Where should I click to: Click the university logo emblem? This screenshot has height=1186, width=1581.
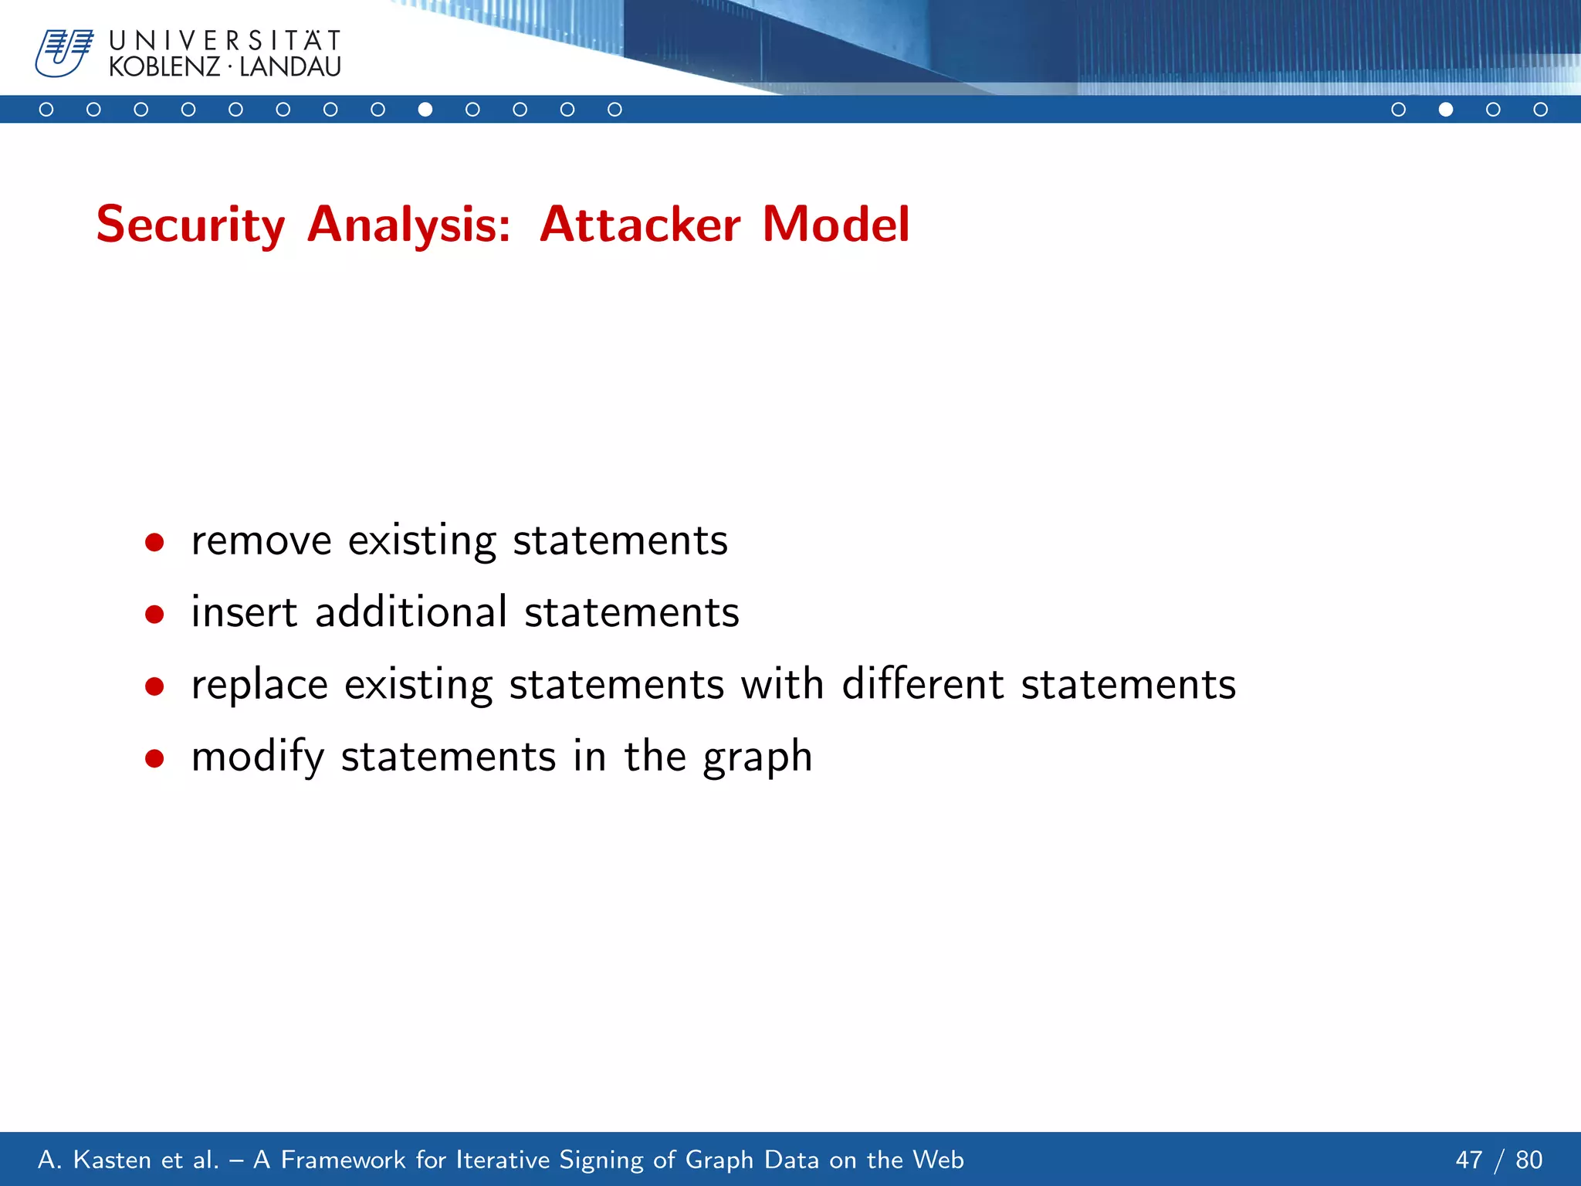point(63,53)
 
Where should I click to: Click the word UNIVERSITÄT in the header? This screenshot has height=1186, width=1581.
point(225,40)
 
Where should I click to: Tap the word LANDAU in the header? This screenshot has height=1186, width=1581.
point(290,67)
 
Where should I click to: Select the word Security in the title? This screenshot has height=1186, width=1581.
point(191,225)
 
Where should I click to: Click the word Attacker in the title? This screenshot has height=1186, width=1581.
point(640,225)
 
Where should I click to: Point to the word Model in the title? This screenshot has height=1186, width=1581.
point(836,225)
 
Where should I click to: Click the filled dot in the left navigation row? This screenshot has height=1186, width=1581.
point(425,110)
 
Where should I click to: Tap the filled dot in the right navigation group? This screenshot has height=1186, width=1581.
point(1446,110)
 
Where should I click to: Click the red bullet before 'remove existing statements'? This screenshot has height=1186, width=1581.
point(154,542)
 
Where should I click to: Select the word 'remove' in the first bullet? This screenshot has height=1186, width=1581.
point(261,540)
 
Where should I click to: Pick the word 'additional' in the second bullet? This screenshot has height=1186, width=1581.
point(411,612)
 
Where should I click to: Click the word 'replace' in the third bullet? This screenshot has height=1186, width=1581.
point(259,685)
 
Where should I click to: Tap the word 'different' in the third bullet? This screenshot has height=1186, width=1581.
point(923,684)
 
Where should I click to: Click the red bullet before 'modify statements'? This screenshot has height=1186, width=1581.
point(154,758)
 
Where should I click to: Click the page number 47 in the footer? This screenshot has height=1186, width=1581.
point(1469,1160)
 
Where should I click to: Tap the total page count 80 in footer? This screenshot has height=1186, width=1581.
point(1529,1160)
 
